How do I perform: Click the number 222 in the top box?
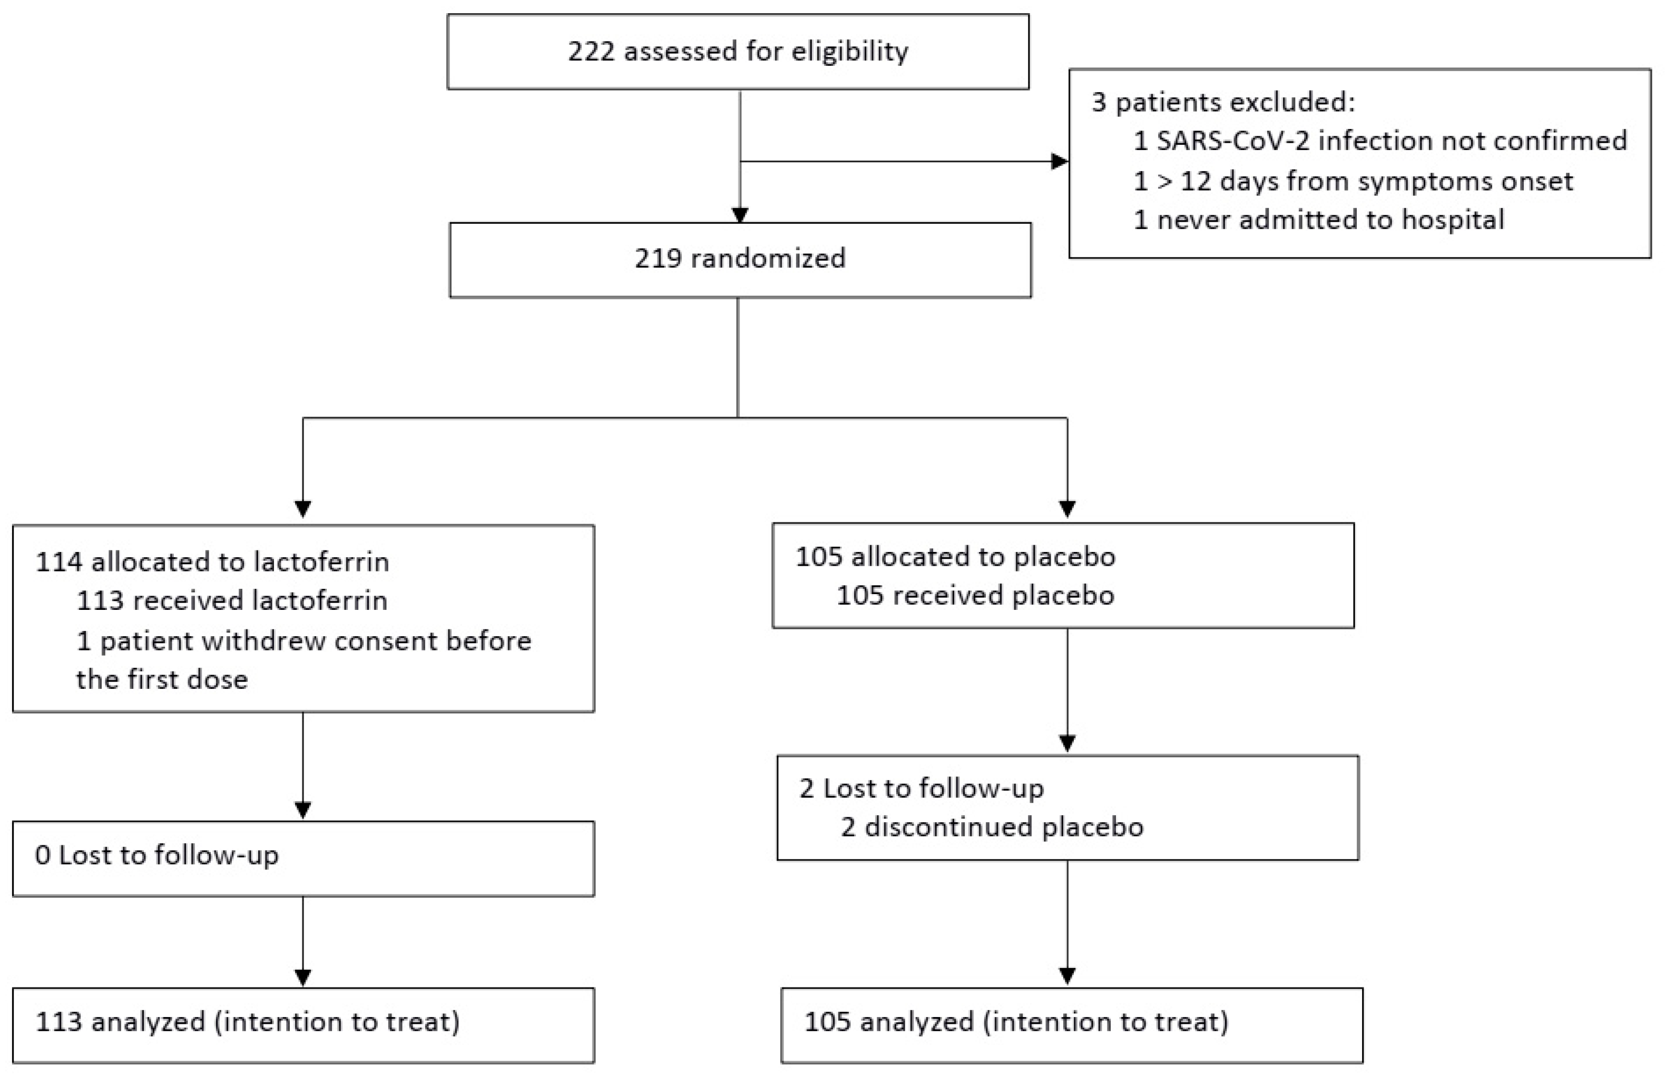click(591, 52)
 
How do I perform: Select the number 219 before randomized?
click(658, 259)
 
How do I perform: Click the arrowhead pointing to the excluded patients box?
click(1060, 161)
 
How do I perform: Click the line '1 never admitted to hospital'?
click(1318, 220)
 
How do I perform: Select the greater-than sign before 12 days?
click(1164, 182)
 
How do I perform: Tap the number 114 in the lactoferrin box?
click(58, 562)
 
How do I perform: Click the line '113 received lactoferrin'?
click(231, 601)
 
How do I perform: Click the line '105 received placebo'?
click(975, 595)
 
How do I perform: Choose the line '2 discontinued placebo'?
click(992, 827)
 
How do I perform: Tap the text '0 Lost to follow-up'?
click(156, 855)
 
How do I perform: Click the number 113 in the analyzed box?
click(58, 1022)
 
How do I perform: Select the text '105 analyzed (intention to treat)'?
click(1016, 1022)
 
